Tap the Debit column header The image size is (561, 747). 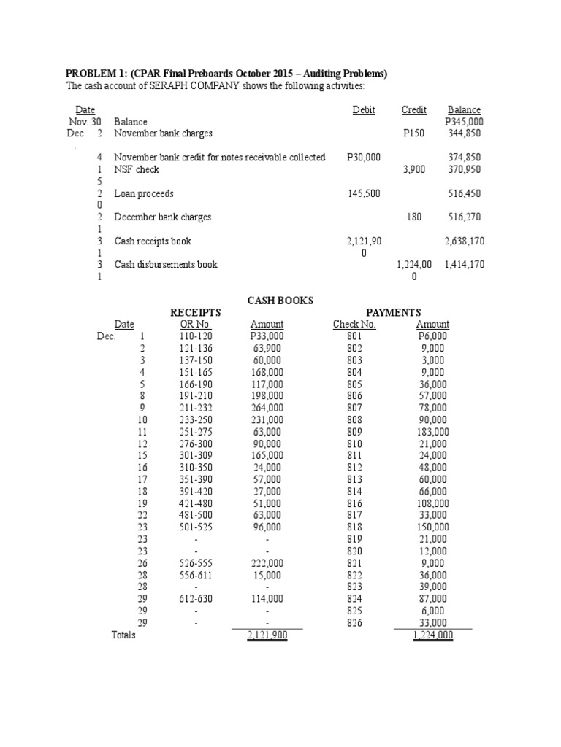point(363,109)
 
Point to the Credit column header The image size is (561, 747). point(414,109)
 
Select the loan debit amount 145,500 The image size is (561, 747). point(362,194)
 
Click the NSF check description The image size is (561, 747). point(137,169)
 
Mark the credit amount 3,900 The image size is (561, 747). point(415,169)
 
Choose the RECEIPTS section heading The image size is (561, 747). point(195,312)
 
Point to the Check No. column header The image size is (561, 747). point(354,324)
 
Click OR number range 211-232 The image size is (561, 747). point(195,408)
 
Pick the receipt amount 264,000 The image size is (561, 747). point(266,408)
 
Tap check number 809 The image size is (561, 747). point(354,432)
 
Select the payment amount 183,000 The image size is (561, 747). point(432,432)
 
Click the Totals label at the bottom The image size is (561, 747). point(123,635)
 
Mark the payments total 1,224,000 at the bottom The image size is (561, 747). point(432,635)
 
